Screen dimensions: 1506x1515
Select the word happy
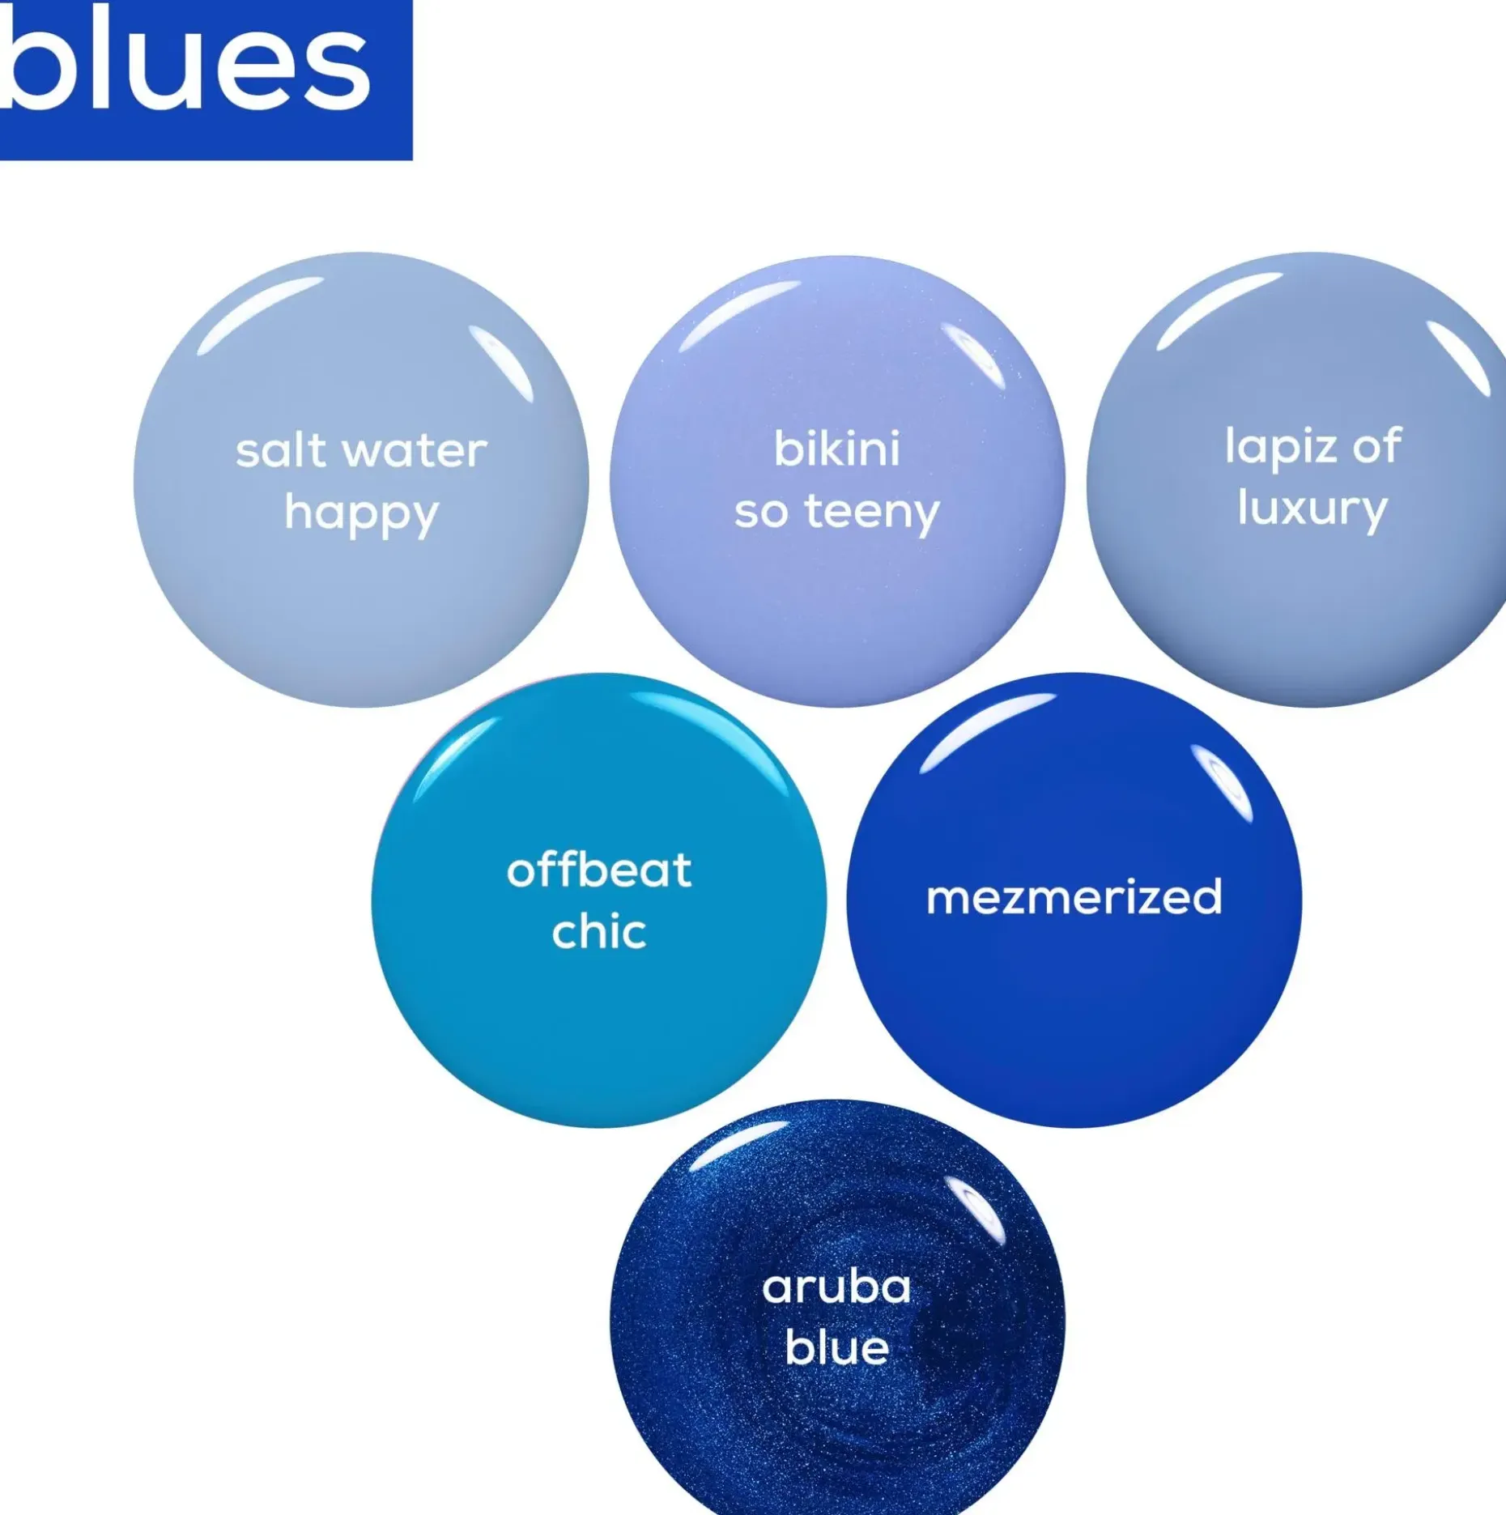point(361,515)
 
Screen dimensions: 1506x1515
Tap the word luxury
point(1312,510)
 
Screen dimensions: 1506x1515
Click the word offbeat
point(599,870)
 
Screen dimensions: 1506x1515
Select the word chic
point(599,931)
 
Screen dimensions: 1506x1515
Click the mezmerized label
point(1074,897)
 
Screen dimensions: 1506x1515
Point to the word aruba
point(836,1287)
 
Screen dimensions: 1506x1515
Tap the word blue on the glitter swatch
point(836,1348)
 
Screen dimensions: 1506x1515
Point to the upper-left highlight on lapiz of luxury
point(1219,310)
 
